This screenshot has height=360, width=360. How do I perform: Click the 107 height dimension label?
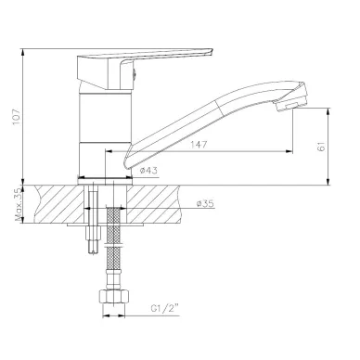point(16,117)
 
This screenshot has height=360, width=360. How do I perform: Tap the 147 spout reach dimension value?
point(199,145)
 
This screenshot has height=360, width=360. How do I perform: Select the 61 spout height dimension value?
point(322,147)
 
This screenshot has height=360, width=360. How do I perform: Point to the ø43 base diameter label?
point(148,171)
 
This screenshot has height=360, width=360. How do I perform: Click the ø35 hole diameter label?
point(205,204)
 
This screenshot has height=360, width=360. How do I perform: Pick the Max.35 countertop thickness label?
point(19,204)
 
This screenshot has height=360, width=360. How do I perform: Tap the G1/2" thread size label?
point(165,308)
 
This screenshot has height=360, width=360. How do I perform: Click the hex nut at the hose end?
point(113,297)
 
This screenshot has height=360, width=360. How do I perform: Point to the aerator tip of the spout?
point(292,103)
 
